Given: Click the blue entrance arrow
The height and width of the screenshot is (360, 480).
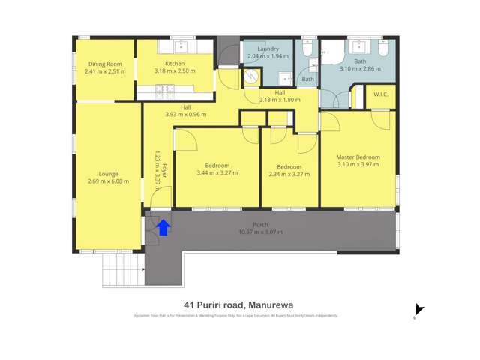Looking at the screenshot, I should point(163,227).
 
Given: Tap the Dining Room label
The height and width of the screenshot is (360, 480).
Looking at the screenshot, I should point(103,64).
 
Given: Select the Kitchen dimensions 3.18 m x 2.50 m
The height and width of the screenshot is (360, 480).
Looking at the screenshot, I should point(175,71).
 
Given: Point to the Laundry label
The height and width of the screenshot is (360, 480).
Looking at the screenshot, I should point(268,49).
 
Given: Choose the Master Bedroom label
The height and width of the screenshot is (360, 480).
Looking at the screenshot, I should point(358,157).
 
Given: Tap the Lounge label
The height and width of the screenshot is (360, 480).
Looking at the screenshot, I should point(108,174).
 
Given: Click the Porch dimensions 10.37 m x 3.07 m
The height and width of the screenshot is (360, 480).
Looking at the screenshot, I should point(260,232).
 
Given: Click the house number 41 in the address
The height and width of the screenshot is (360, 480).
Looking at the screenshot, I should point(189,304).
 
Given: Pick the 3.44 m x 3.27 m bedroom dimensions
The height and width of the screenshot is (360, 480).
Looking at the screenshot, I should point(217,173).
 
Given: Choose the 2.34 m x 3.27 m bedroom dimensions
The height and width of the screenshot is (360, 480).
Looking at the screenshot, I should point(289,174).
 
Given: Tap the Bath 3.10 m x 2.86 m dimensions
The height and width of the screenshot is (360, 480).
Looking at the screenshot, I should point(360,68).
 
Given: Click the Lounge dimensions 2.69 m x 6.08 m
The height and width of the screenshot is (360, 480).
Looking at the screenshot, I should point(108,181).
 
